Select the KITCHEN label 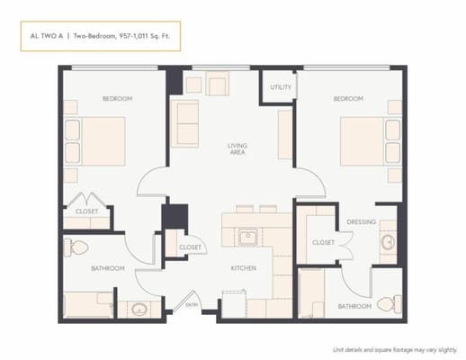pyautogui.click(x=243, y=268)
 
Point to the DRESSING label pyautogui.click(x=361, y=220)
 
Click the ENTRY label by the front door pyautogui.click(x=193, y=305)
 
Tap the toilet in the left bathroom pyautogui.click(x=77, y=247)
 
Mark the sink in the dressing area pyautogui.click(x=388, y=242)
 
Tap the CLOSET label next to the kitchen pyautogui.click(x=190, y=247)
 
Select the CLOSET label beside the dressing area pyautogui.click(x=323, y=242)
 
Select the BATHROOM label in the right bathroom pyautogui.click(x=354, y=306)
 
